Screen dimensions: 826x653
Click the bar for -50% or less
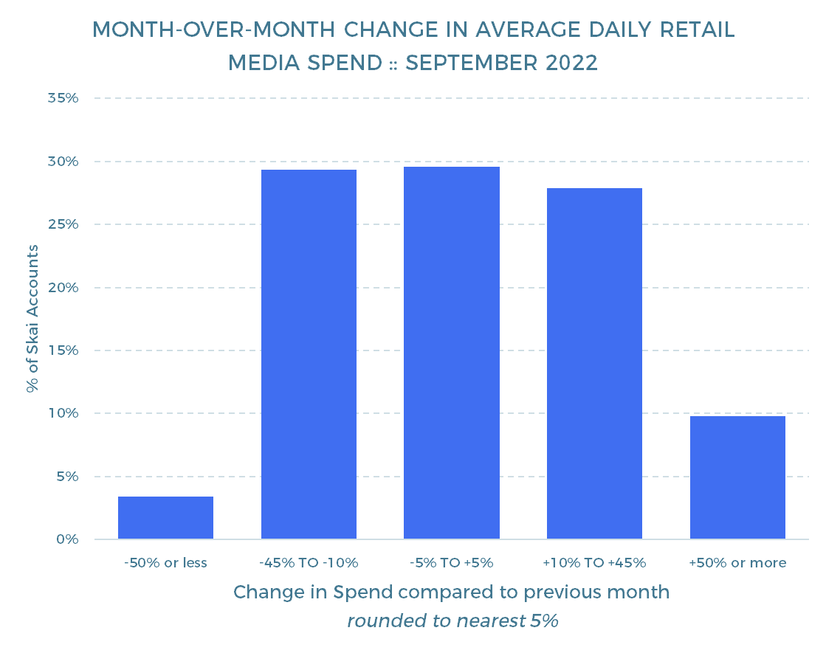(165, 518)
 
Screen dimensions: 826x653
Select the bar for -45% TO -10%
(309, 354)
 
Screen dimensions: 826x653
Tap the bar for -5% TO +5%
(452, 353)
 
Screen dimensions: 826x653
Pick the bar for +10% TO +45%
(594, 363)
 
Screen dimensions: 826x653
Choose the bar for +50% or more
(737, 477)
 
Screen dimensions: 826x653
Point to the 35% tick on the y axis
(63, 98)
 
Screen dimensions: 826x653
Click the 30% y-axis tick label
(63, 161)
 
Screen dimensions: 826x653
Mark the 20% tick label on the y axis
(63, 288)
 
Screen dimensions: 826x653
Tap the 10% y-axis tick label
(63, 413)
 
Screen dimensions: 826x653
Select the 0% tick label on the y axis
(67, 539)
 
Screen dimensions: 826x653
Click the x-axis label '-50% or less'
(165, 563)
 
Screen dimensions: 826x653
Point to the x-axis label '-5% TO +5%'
(452, 563)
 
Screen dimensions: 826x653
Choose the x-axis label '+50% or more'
(737, 563)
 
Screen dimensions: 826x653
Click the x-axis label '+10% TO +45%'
(594, 563)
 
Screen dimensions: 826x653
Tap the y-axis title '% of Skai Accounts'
(32, 319)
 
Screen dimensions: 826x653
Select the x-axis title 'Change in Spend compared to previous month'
(452, 592)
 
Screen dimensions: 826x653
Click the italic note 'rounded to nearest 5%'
(452, 621)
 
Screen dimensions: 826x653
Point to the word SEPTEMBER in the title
(472, 63)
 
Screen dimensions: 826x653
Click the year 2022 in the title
(571, 63)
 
